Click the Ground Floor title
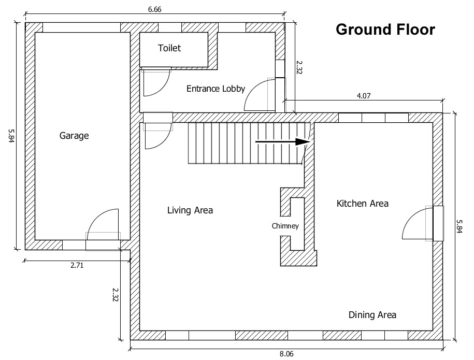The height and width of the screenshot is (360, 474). (x=385, y=30)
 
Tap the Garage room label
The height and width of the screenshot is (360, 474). (x=74, y=136)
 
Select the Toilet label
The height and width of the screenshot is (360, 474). (x=169, y=48)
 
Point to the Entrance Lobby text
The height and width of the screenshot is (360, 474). (x=216, y=89)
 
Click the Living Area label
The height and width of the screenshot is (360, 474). (x=190, y=210)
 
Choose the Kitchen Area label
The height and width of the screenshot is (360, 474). (x=363, y=204)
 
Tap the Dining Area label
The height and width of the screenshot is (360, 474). (x=372, y=315)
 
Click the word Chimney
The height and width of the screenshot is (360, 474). (x=285, y=226)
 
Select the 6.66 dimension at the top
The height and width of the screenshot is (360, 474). (x=154, y=9)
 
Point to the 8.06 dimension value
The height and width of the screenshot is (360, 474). (x=287, y=354)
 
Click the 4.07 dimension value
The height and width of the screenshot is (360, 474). (x=363, y=95)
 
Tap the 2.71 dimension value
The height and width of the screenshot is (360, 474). (x=77, y=265)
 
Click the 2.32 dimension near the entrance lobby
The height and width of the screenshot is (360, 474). (x=299, y=67)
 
